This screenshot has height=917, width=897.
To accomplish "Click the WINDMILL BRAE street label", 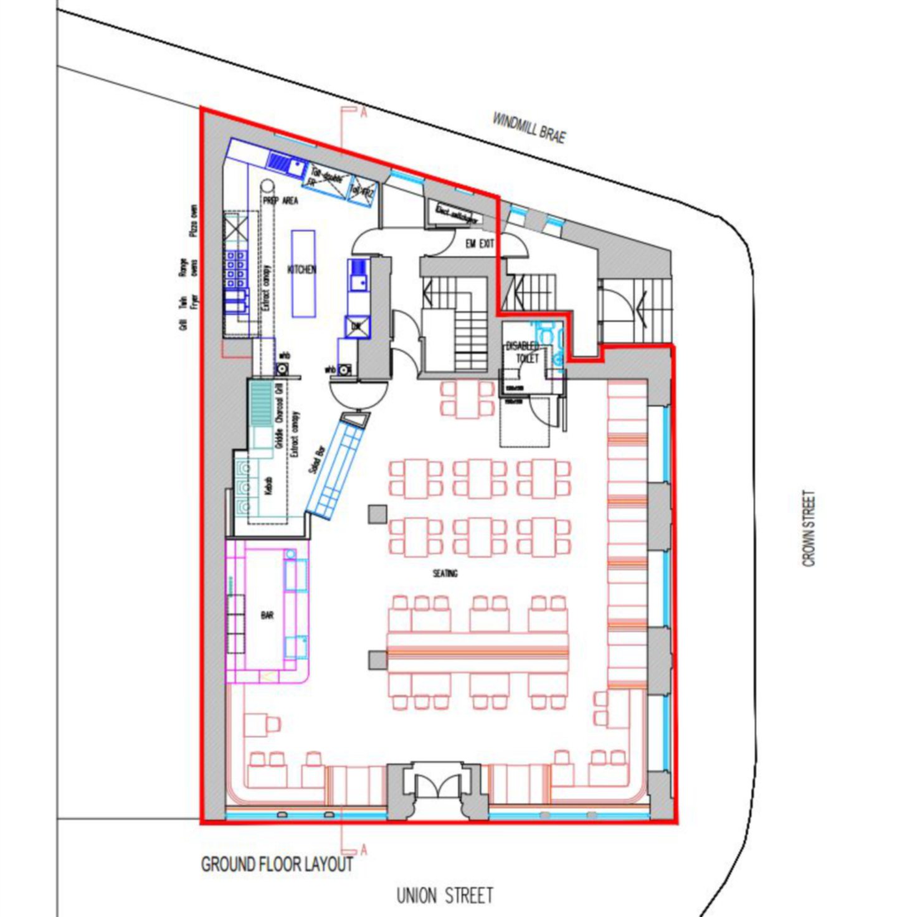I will pos(529,128).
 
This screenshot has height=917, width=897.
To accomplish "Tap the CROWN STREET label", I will pos(809,529).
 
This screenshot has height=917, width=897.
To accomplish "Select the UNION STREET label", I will pos(445,896).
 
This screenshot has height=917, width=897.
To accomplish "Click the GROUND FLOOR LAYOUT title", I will pos(277,864).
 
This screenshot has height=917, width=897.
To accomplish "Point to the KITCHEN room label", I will pos(301,270).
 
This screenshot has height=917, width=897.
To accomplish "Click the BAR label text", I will pos(267,615).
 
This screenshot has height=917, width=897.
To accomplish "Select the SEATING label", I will pos(445,573).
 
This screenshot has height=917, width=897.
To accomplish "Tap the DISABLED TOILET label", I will pos(523,352).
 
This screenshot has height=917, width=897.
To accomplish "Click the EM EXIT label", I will pos(480,244).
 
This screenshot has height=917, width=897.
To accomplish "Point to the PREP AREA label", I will pos(280,200).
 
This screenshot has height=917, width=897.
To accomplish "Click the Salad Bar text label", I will pos(317,460).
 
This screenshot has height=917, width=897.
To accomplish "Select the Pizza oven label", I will pos(194,220).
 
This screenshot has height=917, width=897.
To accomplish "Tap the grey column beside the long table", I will pos(377,660).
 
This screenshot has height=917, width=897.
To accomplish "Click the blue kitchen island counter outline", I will pos(303,274).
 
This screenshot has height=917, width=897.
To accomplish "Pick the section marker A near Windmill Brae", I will pos(363,112).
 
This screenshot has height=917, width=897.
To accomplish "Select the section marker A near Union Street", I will pos(363,850).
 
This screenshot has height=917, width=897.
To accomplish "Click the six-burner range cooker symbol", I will pos(235,270).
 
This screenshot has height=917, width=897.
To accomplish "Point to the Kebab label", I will pos(269,486).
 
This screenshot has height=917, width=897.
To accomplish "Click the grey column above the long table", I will pos(377,514).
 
